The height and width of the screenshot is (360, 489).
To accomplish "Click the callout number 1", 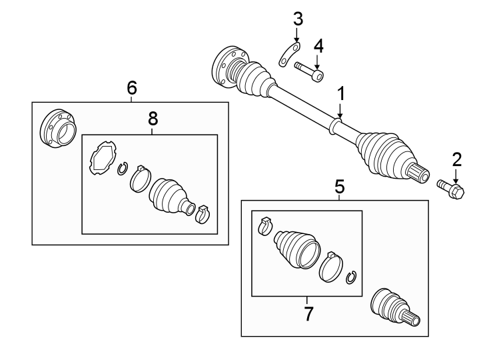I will pyautogui.click(x=340, y=94).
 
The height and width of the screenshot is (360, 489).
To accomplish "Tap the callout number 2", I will pyautogui.click(x=456, y=159).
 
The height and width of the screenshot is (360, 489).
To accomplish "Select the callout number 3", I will pyautogui.click(x=297, y=18).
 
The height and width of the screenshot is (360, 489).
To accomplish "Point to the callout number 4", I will pyautogui.click(x=318, y=46).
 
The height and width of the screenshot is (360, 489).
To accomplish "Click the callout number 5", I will pyautogui.click(x=340, y=187).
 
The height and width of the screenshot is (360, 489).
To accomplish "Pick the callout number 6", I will pyautogui.click(x=131, y=87).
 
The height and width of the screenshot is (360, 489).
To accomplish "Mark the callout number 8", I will pyautogui.click(x=153, y=119).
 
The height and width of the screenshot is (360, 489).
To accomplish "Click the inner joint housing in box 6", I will pyautogui.click(x=57, y=129).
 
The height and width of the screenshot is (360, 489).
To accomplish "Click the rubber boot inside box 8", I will pyautogui.click(x=168, y=195).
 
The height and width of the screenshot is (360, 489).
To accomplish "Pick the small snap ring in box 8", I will pyautogui.click(x=122, y=169).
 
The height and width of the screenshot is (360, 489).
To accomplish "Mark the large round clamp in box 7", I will pyautogui.click(x=330, y=268).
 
